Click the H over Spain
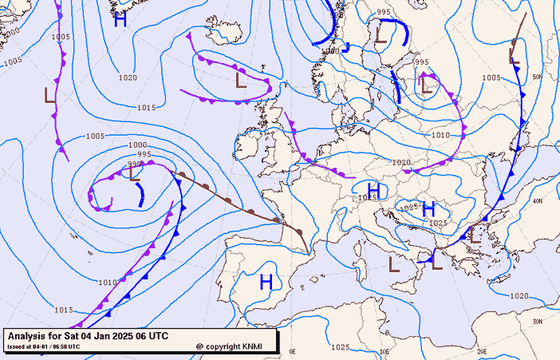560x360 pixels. [266, 281]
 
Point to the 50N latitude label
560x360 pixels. [537, 77]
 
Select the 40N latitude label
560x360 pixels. [538, 200]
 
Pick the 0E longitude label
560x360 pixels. [292, 350]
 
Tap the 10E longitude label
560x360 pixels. [386, 350]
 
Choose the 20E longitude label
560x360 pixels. [481, 350]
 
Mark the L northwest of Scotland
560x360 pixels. [241, 80]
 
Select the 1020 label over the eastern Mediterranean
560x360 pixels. [519, 296]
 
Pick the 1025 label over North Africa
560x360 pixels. [340, 347]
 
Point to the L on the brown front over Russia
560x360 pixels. [515, 56]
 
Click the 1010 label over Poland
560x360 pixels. [440, 136]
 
